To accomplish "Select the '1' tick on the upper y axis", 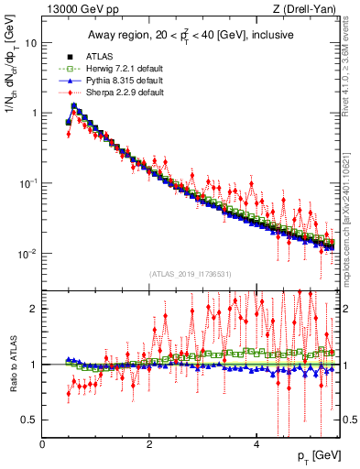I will coord(34,113).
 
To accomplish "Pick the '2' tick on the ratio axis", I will coord(34,309).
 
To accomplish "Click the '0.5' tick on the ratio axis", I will coord(30,420).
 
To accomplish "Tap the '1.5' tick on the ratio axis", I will coord(30,336).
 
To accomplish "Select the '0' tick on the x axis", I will coord(43,443).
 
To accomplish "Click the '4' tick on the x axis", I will coord(256,443).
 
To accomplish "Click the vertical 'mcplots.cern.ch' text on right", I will coord(352,229).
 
